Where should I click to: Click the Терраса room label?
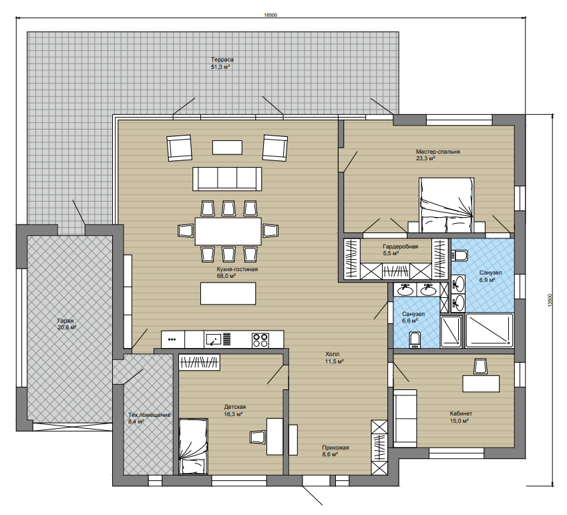pyautogui.click(x=222, y=59)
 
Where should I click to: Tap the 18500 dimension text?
pyautogui.click(x=271, y=15)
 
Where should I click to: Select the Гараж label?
pyautogui.click(x=66, y=321)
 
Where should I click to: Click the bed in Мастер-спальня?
pyautogui.click(x=447, y=204)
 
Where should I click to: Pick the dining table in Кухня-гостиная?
pyautogui.click(x=228, y=231)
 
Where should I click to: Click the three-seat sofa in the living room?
pyautogui.click(x=227, y=178)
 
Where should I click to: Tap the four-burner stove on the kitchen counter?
pyautogui.click(x=260, y=340)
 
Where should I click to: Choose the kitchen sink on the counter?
pyautogui.click(x=213, y=339)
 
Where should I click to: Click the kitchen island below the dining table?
pyautogui.click(x=228, y=293)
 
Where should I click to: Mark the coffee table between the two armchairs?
pyautogui.click(x=227, y=148)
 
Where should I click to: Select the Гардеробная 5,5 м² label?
pyautogui.click(x=400, y=250)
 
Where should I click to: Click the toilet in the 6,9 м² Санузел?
pyautogui.click(x=459, y=255)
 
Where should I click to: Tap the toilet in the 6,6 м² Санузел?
pyautogui.click(x=415, y=340)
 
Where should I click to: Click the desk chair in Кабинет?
pyautogui.click(x=480, y=366)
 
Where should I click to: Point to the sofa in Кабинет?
pyautogui.click(x=405, y=418)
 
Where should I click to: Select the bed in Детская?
pyautogui.click(x=194, y=446)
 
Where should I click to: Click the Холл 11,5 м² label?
pyautogui.click(x=334, y=357)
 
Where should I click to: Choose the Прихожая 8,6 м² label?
pyautogui.click(x=335, y=451)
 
